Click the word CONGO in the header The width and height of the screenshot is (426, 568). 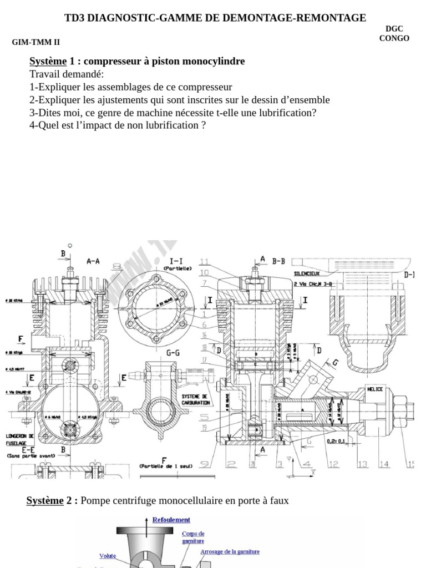tap(394, 38)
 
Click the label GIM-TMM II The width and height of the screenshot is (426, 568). tap(36, 42)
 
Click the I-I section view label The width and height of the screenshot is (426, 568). tap(177, 260)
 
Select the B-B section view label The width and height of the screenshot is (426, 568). tap(278, 260)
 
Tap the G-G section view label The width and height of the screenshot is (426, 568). tap(173, 352)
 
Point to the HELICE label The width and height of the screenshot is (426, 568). tap(375, 389)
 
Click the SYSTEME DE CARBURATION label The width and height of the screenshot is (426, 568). tap(195, 399)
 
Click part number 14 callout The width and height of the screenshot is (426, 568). tap(384, 464)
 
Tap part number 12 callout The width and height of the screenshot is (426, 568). tap(333, 464)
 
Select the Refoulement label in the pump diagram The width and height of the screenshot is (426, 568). tap(171, 520)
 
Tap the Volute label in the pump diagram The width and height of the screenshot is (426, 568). tap(108, 555)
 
